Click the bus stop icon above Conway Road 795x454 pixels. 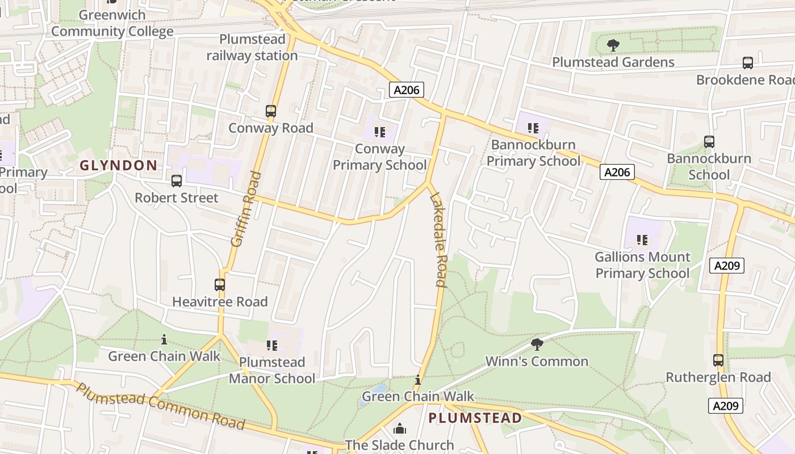point(271,111)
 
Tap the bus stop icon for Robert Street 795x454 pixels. point(177,181)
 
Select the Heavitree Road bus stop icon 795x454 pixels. point(220,285)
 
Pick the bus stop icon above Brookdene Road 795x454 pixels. point(748,63)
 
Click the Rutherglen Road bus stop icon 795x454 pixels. point(718,360)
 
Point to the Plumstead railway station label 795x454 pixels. point(252,48)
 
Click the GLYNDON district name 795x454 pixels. point(118,166)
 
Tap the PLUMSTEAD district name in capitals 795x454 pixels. point(475,418)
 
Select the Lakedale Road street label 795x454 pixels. point(438,239)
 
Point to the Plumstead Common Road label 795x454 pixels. point(160,407)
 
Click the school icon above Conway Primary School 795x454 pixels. point(380,132)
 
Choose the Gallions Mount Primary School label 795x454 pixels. point(642,265)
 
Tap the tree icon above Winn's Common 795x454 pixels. point(537,344)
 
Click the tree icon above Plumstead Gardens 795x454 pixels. point(613,45)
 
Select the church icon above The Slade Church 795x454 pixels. point(400,428)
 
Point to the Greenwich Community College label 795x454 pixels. point(112,23)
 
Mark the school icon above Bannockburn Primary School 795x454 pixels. point(533,128)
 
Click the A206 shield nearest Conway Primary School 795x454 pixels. point(407,90)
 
